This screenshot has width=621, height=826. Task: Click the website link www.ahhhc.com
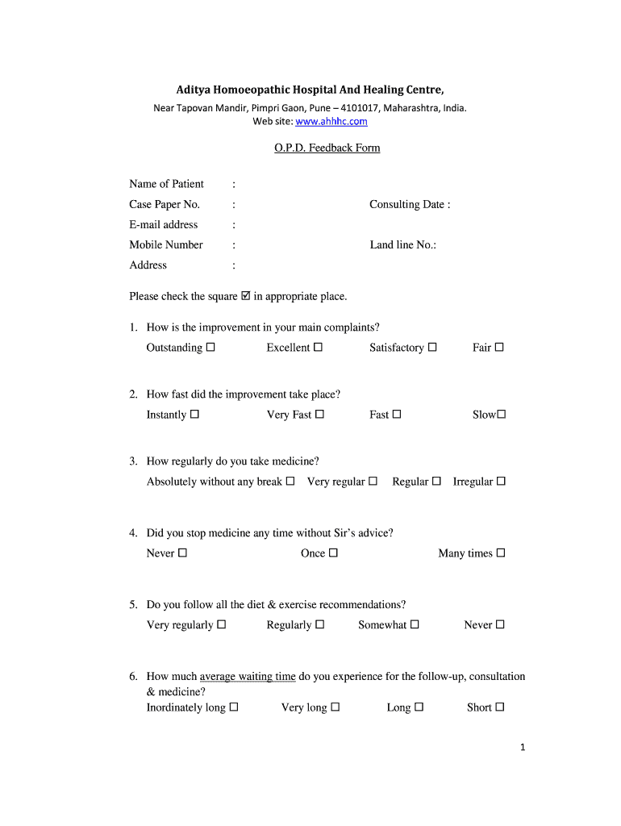point(331,122)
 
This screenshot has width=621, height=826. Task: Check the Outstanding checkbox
point(210,348)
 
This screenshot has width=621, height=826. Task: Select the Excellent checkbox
point(318,348)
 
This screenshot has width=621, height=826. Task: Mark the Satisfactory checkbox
point(432,348)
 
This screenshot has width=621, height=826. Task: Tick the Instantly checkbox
point(194,415)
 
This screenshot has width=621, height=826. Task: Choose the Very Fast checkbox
point(319,415)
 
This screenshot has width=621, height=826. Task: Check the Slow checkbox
point(501,415)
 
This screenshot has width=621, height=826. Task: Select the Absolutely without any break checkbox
point(290,482)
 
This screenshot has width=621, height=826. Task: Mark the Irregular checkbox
point(501,482)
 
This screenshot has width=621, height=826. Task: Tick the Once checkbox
point(333,553)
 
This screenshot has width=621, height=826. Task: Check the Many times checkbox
point(501,553)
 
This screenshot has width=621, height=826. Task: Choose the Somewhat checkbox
point(415,625)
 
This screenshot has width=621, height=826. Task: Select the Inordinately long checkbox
point(234,707)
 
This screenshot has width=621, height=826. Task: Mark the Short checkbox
point(500,707)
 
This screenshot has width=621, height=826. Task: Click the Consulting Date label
point(410,205)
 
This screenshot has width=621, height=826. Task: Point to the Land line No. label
point(402,245)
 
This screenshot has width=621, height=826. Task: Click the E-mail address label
point(163,225)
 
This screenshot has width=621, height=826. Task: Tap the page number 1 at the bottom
point(523,748)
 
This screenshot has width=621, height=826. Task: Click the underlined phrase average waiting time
point(248,677)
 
